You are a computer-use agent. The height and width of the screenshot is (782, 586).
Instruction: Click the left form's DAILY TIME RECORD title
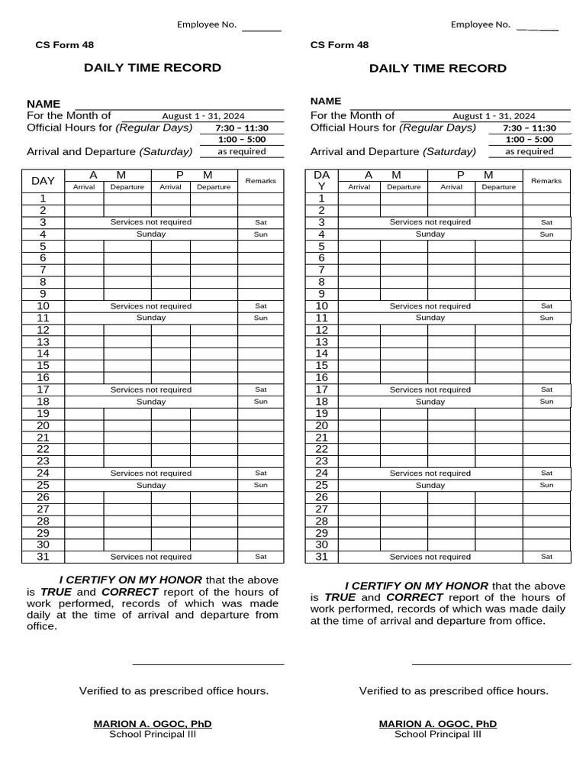pos(153,68)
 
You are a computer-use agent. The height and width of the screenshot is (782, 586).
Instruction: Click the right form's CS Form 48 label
pos(340,45)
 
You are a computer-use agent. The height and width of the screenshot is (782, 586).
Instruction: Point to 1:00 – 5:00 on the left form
pos(242,140)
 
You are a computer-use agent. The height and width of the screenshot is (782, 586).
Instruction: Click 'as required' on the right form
pos(529,151)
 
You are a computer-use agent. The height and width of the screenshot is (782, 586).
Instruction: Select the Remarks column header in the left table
pos(260,181)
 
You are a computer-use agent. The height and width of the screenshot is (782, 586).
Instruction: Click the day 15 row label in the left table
pos(43,366)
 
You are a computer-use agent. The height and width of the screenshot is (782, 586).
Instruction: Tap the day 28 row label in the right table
pos(321,521)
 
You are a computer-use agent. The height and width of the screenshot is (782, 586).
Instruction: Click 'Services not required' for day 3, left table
pos(151,222)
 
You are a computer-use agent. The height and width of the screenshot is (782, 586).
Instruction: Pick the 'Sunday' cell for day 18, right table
pos(430,402)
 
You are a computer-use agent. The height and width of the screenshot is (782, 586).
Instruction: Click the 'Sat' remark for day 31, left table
pos(261,557)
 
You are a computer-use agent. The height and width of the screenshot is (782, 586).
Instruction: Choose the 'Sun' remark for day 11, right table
pos(546,318)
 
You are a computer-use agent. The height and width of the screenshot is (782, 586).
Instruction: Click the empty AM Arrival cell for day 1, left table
pos(84,199)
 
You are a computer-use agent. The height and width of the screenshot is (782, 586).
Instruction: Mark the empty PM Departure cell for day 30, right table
pos(498,544)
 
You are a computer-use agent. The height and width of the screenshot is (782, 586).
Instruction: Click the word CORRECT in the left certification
pos(130,592)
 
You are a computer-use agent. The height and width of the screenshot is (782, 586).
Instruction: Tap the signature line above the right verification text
pos(491,664)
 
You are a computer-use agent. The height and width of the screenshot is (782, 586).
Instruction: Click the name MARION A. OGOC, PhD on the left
pos(153,723)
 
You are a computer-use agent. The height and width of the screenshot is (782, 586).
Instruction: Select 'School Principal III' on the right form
pos(438,735)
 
